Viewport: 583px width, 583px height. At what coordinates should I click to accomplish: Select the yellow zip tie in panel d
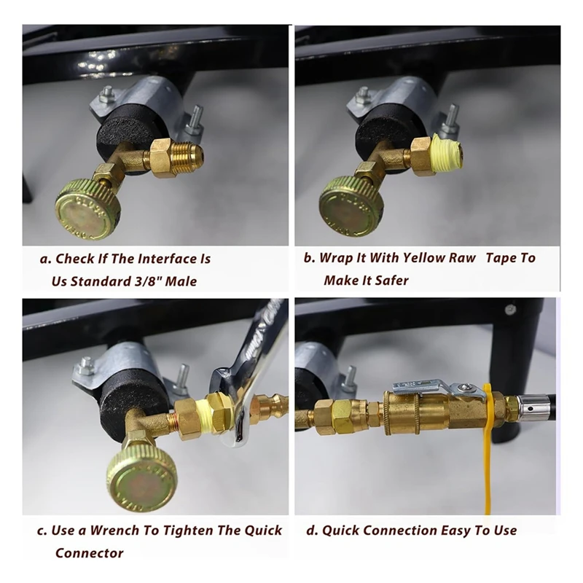pyautogui.click(x=488, y=452)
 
